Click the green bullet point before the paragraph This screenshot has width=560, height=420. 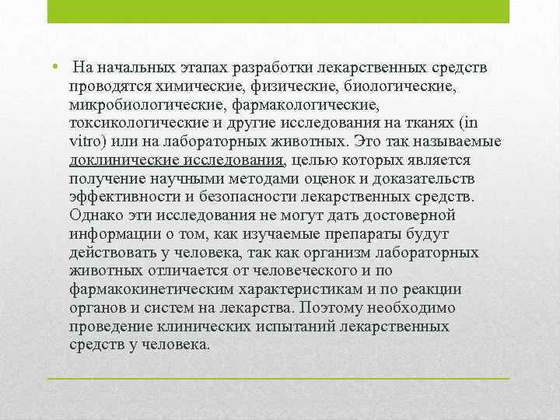[54, 66]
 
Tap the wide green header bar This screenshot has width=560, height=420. [278, 11]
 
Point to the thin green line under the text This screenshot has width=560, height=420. [278, 378]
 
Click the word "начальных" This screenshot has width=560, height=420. [136, 68]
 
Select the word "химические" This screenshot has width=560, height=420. [201, 86]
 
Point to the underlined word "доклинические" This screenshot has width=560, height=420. [124, 160]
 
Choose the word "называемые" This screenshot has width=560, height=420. [457, 142]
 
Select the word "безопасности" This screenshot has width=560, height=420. [248, 197]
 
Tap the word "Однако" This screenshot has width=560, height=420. [96, 215]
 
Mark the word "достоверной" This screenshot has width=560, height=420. [409, 216]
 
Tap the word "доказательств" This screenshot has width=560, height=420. [424, 179]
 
